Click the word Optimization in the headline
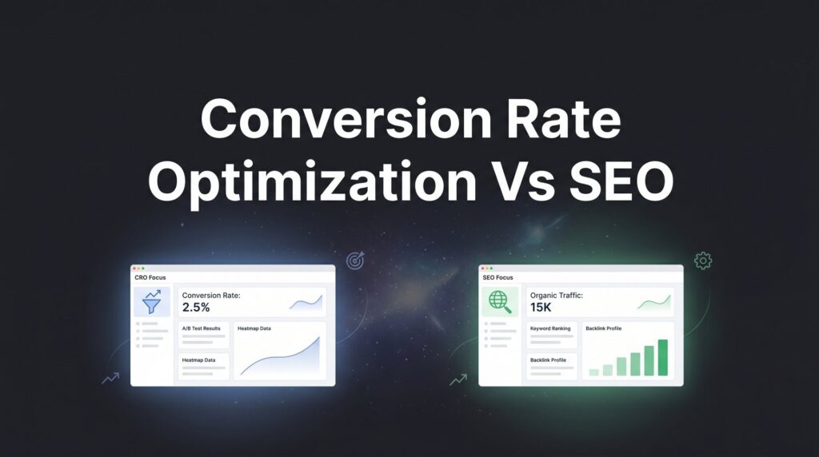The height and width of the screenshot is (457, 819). (313, 183)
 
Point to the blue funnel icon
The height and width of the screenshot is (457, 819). (152, 301)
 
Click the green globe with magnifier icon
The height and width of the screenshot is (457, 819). (500, 302)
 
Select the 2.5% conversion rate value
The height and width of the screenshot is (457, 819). (196, 308)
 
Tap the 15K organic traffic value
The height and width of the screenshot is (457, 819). (541, 308)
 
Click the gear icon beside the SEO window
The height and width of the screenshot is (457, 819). (703, 260)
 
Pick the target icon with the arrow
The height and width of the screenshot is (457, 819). (356, 260)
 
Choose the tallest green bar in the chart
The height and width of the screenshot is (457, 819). (662, 357)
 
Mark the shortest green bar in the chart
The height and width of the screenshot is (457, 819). (594, 372)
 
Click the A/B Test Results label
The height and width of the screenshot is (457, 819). (201, 328)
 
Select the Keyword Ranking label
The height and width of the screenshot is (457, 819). (550, 328)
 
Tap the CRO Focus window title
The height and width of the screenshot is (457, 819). (150, 277)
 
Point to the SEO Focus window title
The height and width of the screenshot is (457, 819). (497, 277)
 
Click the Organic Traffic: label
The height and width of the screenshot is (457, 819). (557, 296)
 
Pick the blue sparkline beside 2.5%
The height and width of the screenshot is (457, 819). (306, 303)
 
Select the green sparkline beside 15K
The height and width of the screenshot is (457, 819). (654, 303)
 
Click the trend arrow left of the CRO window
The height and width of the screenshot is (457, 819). (110, 378)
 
